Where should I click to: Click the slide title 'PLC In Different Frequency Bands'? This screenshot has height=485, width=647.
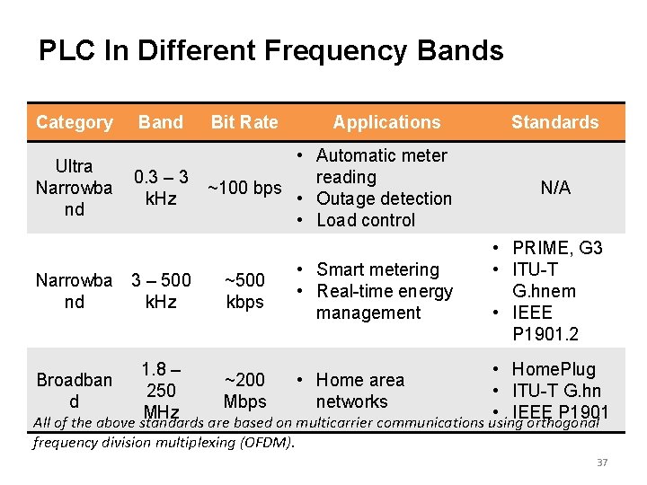(270, 50)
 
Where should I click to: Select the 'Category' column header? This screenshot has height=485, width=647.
(75, 122)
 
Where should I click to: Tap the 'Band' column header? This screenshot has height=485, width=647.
(161, 122)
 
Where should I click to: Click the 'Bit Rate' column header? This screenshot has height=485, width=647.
(244, 122)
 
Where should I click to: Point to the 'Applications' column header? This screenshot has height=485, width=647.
(387, 122)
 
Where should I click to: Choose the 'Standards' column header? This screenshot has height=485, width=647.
(554, 122)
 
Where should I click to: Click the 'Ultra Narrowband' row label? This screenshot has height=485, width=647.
(74, 188)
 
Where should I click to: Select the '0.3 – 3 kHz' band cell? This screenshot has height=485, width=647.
(161, 188)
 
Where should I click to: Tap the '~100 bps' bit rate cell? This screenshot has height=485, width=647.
(244, 188)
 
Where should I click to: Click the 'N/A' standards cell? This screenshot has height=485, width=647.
(554, 188)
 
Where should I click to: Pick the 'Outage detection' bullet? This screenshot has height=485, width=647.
(384, 198)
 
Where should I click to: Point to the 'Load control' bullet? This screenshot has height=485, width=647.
(366, 220)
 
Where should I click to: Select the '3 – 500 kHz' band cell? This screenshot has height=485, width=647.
(161, 291)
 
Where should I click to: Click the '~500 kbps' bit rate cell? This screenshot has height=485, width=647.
(244, 291)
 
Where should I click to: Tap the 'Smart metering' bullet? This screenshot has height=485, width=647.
(377, 269)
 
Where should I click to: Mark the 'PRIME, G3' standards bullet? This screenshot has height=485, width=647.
(557, 248)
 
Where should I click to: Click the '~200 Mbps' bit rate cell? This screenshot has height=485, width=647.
(244, 391)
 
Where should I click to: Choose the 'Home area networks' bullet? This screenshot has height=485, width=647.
(359, 391)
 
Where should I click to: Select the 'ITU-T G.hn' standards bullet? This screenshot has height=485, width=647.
(556, 391)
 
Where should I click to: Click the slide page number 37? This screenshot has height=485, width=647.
(602, 463)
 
